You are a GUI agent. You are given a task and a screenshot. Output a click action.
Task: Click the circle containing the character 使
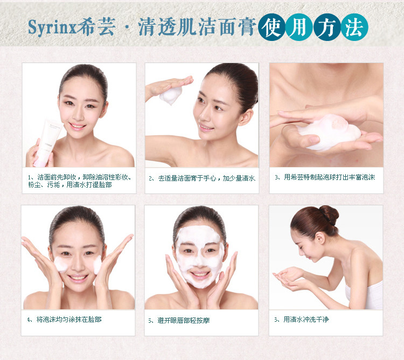pyautogui.click(x=272, y=27)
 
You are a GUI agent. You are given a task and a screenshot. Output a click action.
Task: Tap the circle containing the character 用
pyautogui.click(x=299, y=27)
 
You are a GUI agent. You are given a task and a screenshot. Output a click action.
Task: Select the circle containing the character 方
pyautogui.click(x=327, y=27)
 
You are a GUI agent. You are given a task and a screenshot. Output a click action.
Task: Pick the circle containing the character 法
pyautogui.click(x=354, y=27)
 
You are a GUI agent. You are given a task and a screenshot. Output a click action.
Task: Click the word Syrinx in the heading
pyautogui.click(x=52, y=27)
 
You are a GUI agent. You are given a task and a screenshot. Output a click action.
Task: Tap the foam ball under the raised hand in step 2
pyautogui.click(x=171, y=95)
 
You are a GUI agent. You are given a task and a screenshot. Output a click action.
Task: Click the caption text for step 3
pyautogui.click(x=325, y=177)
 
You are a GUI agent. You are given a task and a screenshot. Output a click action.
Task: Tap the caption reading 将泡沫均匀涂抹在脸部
pyautogui.click(x=65, y=320)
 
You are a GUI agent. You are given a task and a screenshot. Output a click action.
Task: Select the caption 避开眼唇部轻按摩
pyautogui.click(x=179, y=321)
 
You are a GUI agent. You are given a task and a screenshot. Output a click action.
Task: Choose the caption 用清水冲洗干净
pyautogui.click(x=302, y=320)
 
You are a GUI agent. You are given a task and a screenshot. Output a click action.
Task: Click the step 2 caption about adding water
pyautogui.click(x=202, y=178)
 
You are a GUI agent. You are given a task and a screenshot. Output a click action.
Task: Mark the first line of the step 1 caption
pyautogui.click(x=80, y=177)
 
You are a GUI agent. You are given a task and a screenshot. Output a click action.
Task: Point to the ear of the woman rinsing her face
pyautogui.click(x=320, y=238)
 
